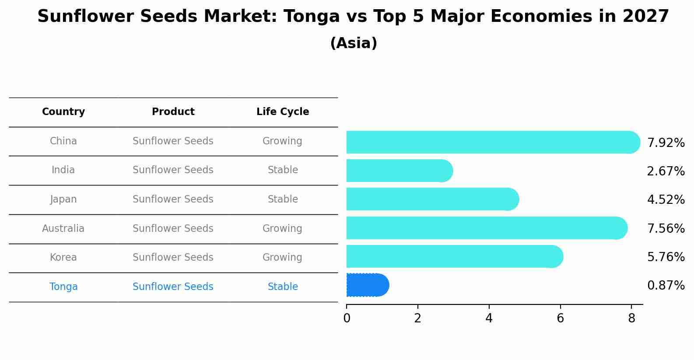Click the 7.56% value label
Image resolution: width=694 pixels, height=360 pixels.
click(666, 228)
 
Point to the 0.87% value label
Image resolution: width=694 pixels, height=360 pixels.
click(666, 286)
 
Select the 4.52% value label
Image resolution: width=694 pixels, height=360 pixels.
click(666, 200)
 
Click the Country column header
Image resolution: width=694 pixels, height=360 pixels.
click(63, 112)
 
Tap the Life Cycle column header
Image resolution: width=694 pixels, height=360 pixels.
click(283, 112)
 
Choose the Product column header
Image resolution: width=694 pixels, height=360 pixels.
click(173, 112)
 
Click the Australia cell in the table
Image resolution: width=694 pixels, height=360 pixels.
click(63, 228)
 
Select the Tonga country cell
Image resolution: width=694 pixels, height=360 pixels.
click(63, 287)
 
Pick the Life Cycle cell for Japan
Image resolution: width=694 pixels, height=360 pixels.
click(283, 199)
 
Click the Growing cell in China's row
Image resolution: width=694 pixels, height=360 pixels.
click(282, 141)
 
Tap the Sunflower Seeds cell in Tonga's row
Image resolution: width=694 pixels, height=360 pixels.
click(173, 287)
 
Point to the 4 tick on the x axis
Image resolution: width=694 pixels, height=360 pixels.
click(489, 318)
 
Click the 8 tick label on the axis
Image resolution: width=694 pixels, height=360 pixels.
click(631, 318)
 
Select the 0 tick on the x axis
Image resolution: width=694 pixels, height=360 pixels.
click(347, 318)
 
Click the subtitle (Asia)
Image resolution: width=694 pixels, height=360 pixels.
click(354, 43)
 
